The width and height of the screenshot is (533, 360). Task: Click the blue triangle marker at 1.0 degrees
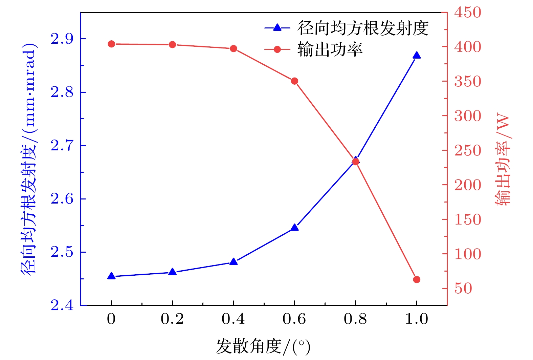click(417, 56)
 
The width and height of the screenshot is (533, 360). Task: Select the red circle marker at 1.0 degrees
click(417, 279)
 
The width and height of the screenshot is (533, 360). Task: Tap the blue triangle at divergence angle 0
click(111, 276)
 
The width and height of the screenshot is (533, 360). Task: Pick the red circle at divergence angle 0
click(111, 44)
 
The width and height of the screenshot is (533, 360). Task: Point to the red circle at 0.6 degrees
click(294, 81)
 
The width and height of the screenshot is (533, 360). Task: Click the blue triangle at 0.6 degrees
click(294, 228)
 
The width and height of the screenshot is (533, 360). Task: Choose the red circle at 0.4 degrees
click(234, 49)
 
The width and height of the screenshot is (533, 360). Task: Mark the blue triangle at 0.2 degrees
click(172, 272)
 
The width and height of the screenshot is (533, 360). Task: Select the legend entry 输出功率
click(330, 49)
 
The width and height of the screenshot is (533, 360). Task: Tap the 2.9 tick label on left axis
click(62, 39)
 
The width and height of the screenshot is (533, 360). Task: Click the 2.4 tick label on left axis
click(62, 305)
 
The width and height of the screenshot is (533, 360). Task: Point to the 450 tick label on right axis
click(467, 13)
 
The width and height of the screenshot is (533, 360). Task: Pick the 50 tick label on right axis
click(463, 289)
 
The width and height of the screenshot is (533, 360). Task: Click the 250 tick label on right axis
click(467, 151)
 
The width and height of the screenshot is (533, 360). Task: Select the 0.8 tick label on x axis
click(355, 319)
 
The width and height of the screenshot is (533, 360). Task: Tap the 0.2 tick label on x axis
click(172, 319)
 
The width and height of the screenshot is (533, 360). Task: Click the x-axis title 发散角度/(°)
click(263, 346)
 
